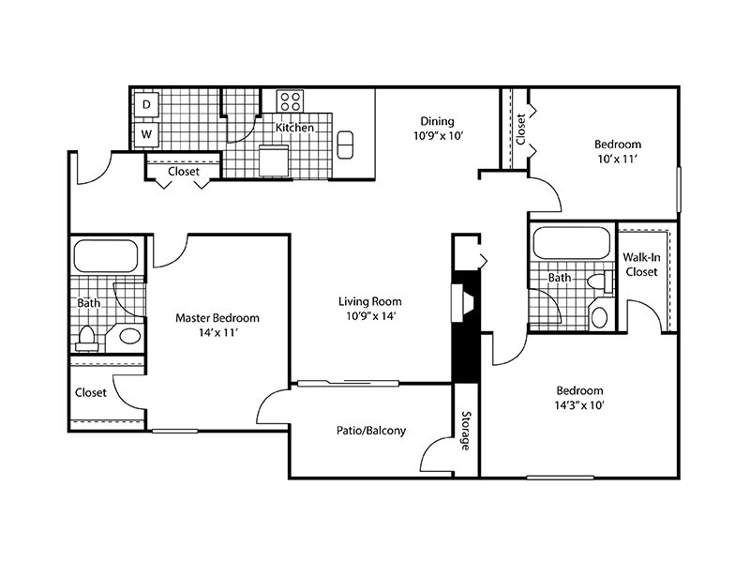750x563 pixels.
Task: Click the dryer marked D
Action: (x=146, y=104)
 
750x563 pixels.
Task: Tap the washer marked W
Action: (x=146, y=134)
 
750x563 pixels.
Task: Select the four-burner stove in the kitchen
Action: (x=291, y=101)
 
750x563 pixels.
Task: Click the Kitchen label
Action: (x=294, y=128)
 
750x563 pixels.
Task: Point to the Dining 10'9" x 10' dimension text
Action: (x=438, y=136)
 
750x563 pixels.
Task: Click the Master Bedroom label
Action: (x=217, y=318)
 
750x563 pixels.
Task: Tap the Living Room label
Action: (x=370, y=301)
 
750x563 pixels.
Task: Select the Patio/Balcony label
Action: (x=371, y=431)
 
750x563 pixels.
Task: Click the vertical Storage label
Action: (x=465, y=431)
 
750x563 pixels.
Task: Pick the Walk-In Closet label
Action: (x=641, y=265)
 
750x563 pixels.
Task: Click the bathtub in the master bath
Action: (x=106, y=255)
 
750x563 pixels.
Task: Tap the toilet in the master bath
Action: (x=86, y=338)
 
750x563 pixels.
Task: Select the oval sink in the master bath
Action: (x=129, y=336)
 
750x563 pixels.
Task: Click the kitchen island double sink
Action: (x=345, y=145)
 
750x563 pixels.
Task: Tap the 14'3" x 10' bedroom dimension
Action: (x=579, y=405)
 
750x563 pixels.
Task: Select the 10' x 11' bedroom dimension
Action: (x=618, y=159)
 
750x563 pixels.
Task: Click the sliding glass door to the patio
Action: (x=348, y=383)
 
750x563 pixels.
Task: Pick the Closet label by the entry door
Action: (x=184, y=172)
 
